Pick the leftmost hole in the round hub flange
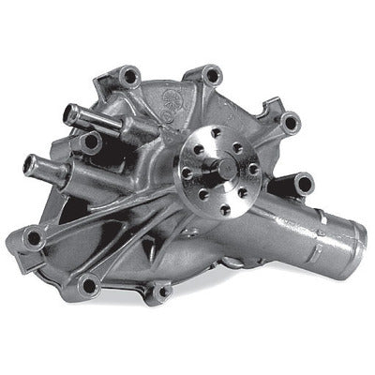click(x=187, y=172)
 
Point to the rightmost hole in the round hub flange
click(x=253, y=170)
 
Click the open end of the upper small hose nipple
click(x=68, y=114)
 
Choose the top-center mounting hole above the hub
click(x=213, y=75)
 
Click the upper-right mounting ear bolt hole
click(x=289, y=122)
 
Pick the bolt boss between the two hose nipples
click(x=91, y=143)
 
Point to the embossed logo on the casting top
click(x=174, y=93)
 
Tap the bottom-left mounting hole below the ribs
click(x=89, y=284)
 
